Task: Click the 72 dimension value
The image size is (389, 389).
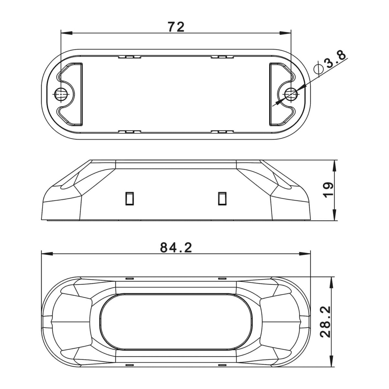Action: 176,27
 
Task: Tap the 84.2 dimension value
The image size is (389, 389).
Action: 176,248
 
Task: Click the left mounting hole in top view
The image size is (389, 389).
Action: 61,94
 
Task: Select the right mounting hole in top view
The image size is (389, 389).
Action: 291,94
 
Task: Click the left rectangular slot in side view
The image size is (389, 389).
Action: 130,198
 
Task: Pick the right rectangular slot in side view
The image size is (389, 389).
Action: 222,198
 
